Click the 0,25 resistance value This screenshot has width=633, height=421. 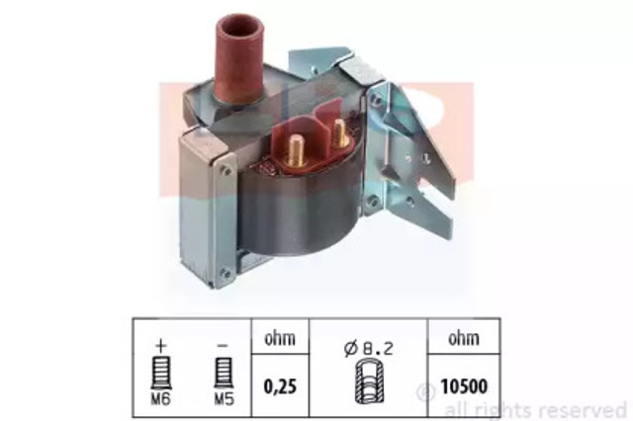pos(280,386)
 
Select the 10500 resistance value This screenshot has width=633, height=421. pos(464,386)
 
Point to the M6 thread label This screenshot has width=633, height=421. pos(160,399)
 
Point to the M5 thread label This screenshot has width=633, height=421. pos(224,399)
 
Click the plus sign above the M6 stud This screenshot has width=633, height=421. pos(160,345)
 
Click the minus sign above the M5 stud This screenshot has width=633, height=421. pos(223,346)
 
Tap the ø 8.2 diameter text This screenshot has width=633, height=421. pos(369,349)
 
